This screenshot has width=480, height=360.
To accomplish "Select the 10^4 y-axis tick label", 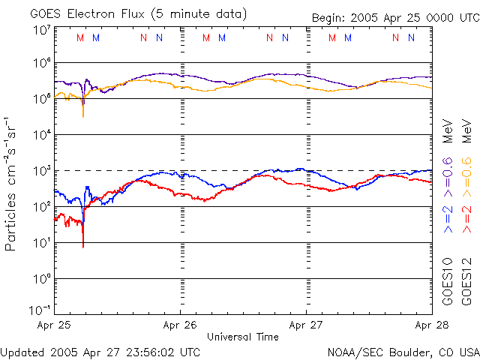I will [41, 134].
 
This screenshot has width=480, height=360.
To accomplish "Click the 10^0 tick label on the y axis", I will [41, 278].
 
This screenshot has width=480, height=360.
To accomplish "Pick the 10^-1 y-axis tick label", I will [41, 310].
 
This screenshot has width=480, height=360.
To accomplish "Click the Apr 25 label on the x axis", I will [55, 325].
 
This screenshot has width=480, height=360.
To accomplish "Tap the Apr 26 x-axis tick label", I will [181, 325].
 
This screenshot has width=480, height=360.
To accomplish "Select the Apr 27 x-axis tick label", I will [306, 325].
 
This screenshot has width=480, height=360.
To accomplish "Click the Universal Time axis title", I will [243, 337].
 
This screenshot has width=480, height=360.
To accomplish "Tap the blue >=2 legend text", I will [448, 218].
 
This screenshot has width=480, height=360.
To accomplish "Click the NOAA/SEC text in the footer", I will [352, 352].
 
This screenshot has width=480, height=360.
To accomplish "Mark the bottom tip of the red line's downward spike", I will [82, 247].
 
